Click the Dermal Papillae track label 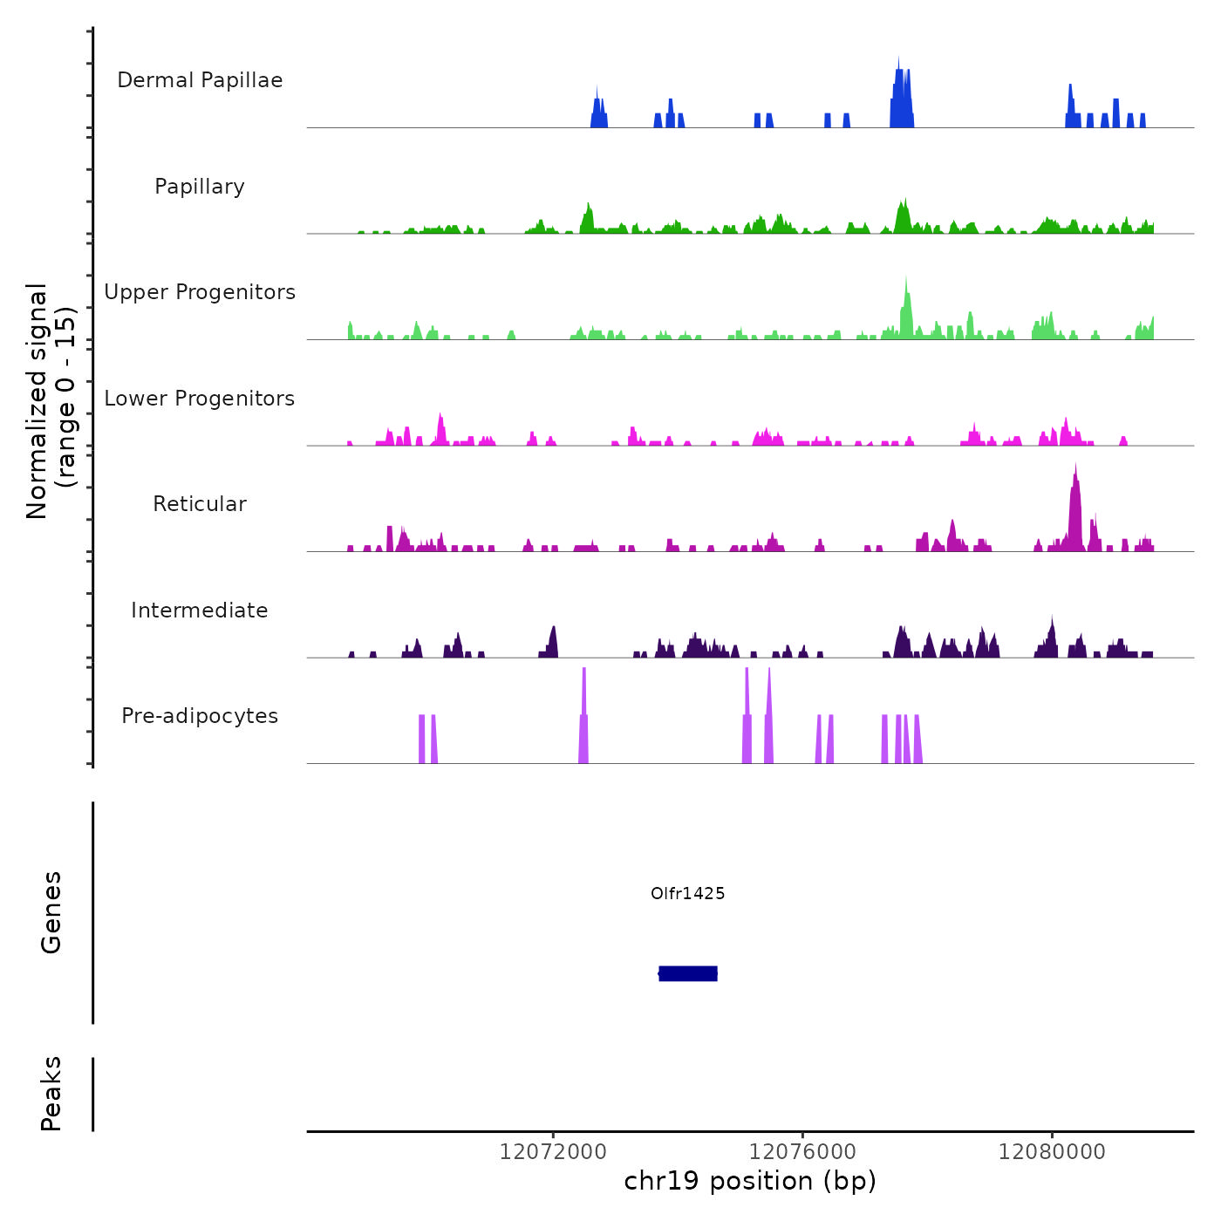click(200, 80)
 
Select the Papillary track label click(200, 187)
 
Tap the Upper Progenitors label click(200, 292)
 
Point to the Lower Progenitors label click(200, 399)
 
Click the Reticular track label click(200, 504)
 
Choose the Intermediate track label click(200, 610)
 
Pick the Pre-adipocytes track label click(200, 716)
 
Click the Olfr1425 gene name click(688, 893)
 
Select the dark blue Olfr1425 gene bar click(688, 973)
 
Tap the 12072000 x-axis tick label click(553, 1152)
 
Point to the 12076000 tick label click(802, 1152)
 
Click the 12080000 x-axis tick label click(1052, 1152)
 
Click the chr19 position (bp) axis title click(750, 1182)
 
